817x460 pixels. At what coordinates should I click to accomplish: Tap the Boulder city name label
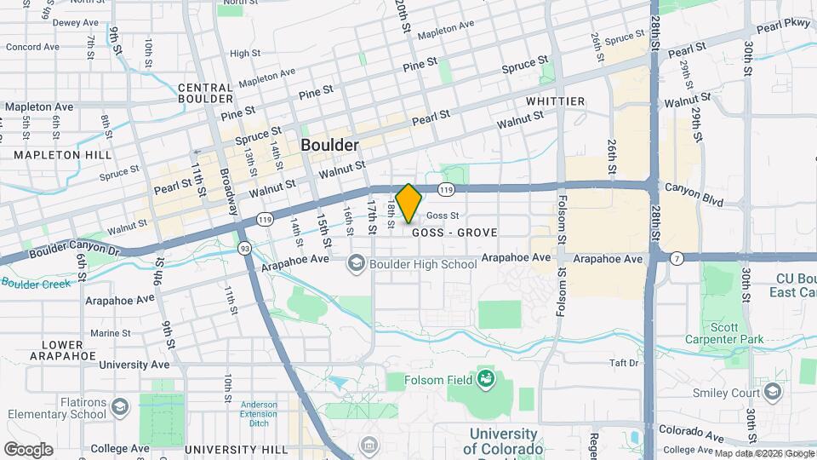[x=329, y=146]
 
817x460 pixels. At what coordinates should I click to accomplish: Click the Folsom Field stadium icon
[x=486, y=377]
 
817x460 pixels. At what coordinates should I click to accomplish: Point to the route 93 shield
[x=244, y=248]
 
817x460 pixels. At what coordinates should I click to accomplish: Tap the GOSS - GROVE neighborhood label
[x=454, y=233]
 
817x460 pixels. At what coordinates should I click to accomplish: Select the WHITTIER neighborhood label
[x=555, y=101]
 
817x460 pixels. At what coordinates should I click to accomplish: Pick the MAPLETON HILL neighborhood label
[x=57, y=155]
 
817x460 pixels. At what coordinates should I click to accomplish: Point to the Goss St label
[x=443, y=216]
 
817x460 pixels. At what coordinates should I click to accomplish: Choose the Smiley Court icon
[x=772, y=391]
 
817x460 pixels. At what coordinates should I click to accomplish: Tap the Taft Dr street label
[x=623, y=364]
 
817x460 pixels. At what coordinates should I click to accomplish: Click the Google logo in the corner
[x=28, y=449]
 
